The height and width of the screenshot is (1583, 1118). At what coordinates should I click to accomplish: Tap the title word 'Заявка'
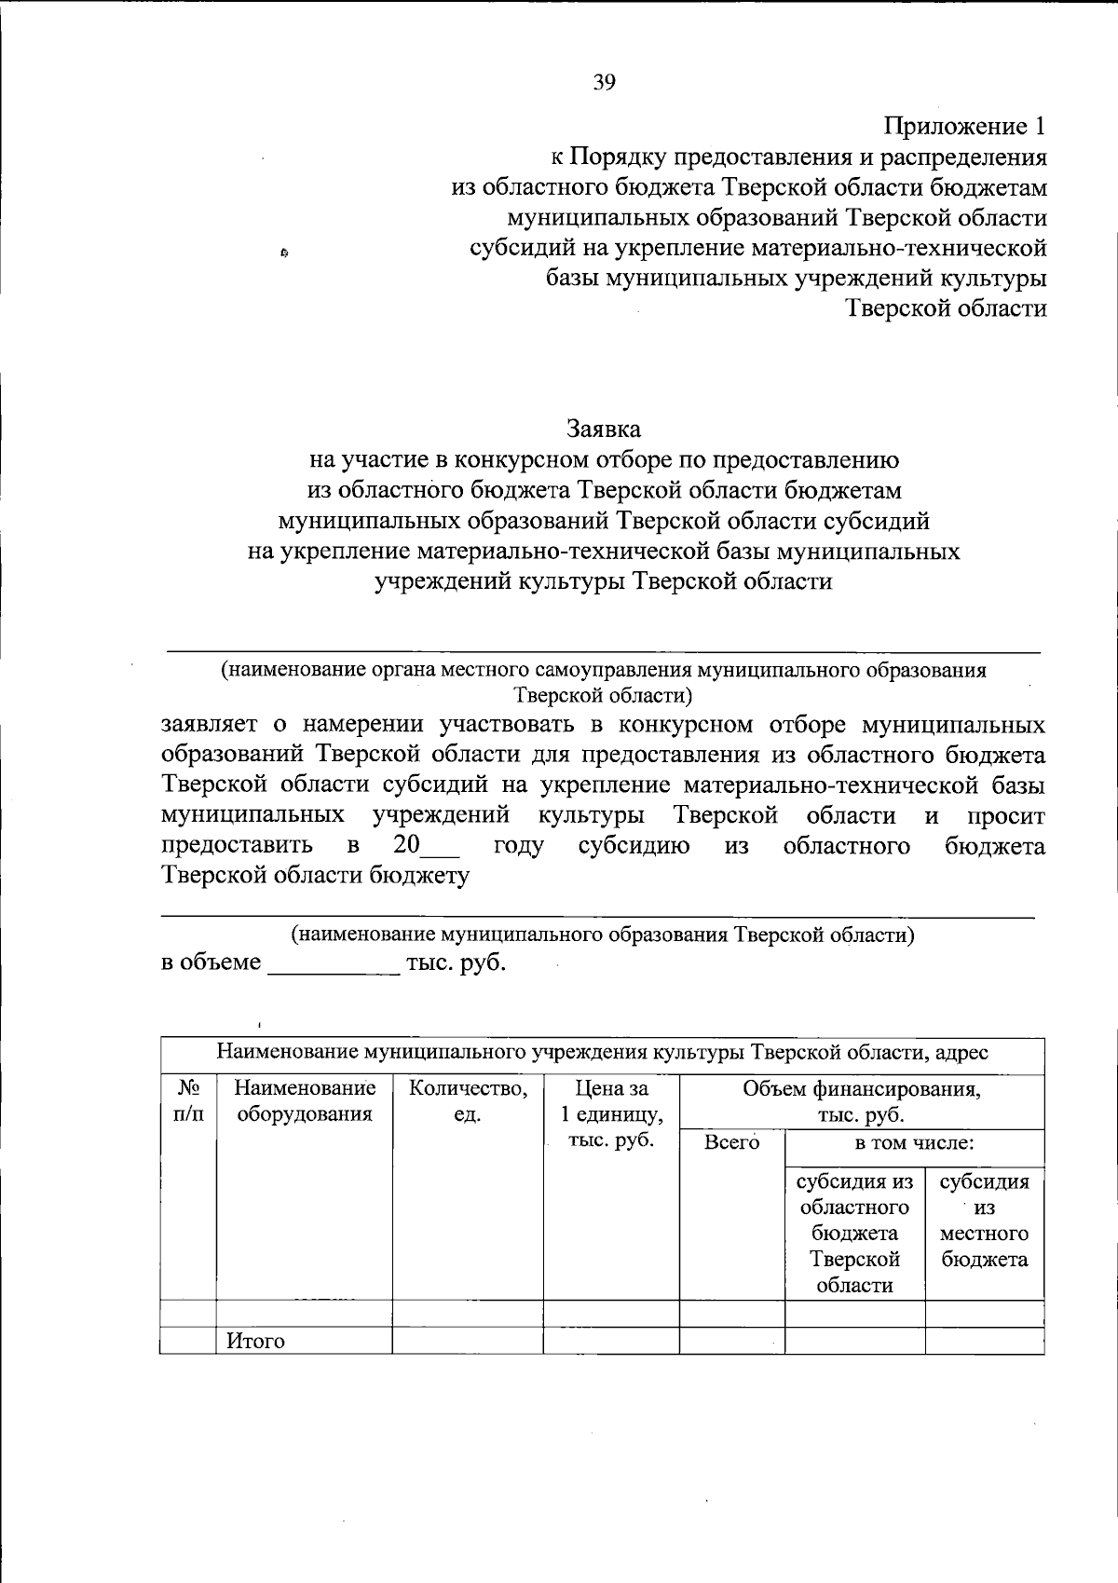pos(604,430)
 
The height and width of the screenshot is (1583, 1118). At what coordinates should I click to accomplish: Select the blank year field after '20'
pos(442,847)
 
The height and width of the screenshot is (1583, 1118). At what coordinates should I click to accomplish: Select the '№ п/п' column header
pos(187,1100)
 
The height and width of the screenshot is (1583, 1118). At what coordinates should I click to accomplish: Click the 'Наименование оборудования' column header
pos(304,1100)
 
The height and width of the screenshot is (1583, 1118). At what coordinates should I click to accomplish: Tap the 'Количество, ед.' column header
pos(468,1100)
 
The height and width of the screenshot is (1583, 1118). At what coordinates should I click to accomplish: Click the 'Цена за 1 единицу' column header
pos(611,1113)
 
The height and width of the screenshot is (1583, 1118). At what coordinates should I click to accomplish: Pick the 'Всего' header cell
pos(731,1143)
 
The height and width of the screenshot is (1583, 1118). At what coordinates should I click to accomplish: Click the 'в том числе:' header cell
pos(914,1143)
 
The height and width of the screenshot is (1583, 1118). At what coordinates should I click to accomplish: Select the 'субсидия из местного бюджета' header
pos(985,1221)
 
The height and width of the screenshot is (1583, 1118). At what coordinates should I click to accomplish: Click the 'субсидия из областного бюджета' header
pos(854,1234)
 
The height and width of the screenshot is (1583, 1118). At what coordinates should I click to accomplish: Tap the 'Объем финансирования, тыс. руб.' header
pos(861,1101)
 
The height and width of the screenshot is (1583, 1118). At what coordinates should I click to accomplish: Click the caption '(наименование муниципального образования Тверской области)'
pos(602,935)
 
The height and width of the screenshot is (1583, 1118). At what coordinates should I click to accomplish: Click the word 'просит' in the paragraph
pos(1005,816)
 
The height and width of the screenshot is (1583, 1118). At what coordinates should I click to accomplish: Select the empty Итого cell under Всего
pos(731,1342)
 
